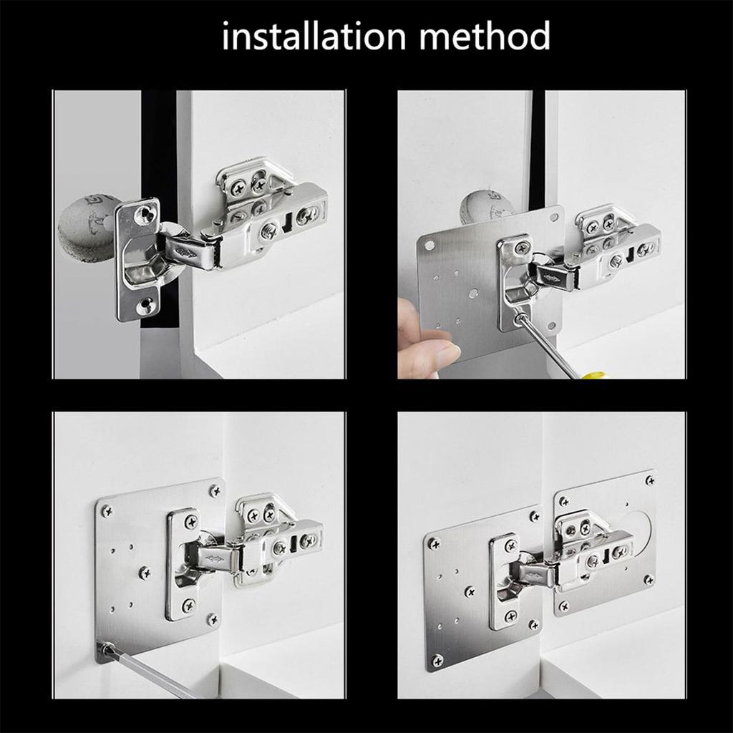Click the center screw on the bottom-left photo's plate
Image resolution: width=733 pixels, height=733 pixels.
click(145, 572)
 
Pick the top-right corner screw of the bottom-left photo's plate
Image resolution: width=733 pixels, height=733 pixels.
click(214, 490)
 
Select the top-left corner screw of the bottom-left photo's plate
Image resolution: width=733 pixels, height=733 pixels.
click(107, 511)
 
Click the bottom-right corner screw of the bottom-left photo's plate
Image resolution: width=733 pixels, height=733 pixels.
click(211, 619)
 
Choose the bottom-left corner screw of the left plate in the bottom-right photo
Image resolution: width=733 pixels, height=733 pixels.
click(437, 659)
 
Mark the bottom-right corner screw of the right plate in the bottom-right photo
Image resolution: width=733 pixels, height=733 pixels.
click(649, 579)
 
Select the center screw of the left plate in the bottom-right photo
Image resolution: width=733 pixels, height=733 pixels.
click(470, 592)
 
